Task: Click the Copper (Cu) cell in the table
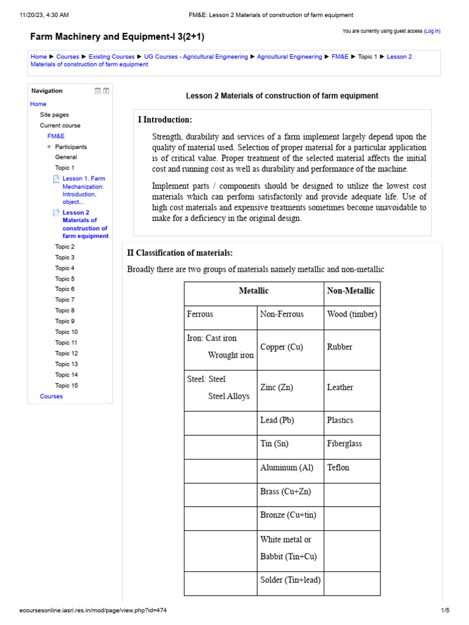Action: pos(282,347)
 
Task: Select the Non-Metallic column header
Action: pos(351,291)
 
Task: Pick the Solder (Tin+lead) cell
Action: pos(290,580)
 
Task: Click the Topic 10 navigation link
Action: pos(67,332)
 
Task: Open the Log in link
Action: pos(432,31)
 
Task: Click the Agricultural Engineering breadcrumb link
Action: pos(289,57)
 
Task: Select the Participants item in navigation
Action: pos(71,147)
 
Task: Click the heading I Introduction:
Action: pos(165,120)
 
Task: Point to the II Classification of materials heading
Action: pos(180,253)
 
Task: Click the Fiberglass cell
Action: pos(344,444)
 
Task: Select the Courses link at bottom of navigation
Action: pos(51,396)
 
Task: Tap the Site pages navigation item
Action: pos(54,115)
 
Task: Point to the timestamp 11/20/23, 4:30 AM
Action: pos(43,15)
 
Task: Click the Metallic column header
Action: pos(253,291)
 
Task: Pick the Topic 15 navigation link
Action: pos(67,386)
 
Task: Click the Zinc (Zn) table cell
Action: pos(276,387)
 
